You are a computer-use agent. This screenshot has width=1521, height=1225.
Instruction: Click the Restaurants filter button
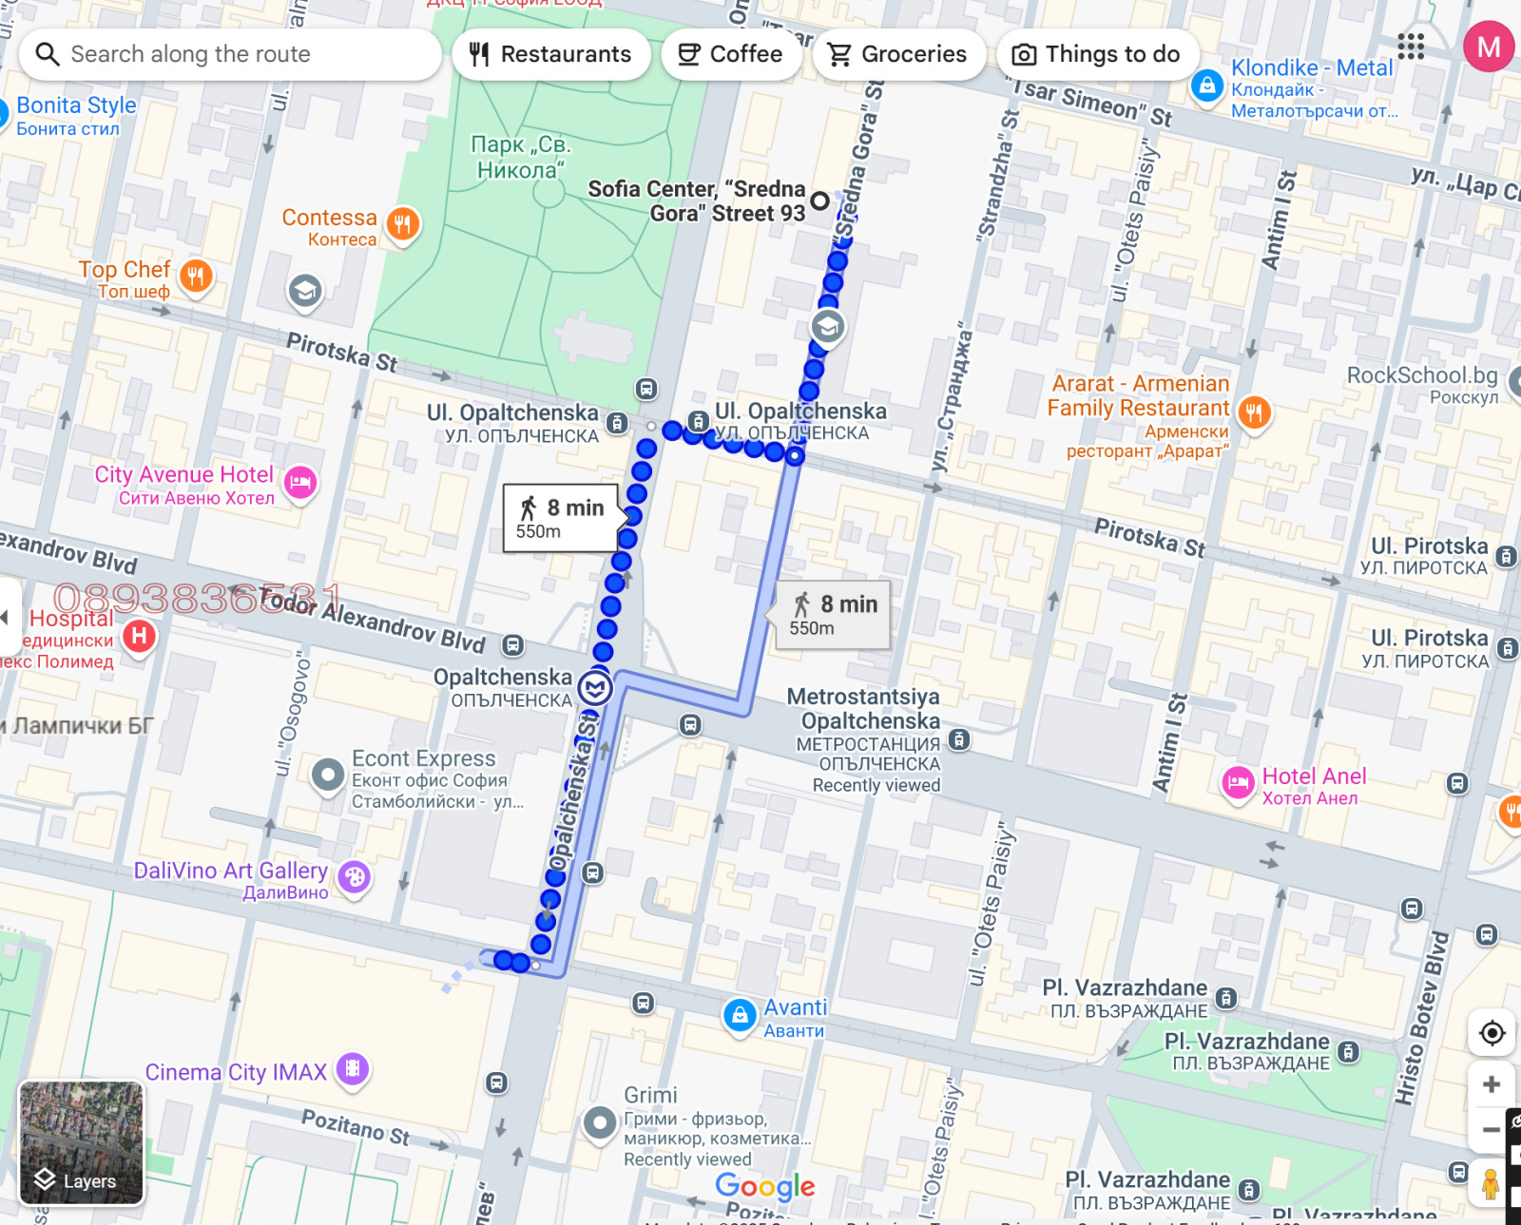click(551, 54)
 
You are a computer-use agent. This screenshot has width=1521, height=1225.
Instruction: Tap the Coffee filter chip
click(730, 54)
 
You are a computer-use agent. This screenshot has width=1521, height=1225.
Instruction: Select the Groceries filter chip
click(897, 54)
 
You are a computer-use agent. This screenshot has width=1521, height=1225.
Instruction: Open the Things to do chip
click(1096, 54)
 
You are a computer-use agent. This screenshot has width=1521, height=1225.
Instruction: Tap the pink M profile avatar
click(1488, 47)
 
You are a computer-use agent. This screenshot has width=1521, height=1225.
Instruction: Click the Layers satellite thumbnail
click(81, 1142)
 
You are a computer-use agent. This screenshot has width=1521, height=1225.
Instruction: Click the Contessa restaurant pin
click(403, 225)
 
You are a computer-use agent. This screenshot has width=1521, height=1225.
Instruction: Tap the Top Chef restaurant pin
click(197, 277)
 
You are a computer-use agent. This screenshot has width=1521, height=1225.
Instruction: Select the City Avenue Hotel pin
click(300, 483)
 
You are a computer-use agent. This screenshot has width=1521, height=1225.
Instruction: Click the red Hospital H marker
click(140, 635)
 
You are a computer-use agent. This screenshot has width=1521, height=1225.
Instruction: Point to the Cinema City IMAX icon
click(353, 1069)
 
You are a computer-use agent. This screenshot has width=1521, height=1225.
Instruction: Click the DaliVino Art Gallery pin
click(355, 876)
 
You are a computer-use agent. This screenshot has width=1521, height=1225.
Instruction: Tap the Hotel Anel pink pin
click(1238, 783)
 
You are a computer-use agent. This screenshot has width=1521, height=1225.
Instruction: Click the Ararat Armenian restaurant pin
click(1254, 412)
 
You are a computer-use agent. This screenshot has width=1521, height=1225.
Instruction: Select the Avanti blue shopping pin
click(740, 1015)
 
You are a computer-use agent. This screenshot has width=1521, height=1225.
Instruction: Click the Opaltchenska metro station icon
click(596, 687)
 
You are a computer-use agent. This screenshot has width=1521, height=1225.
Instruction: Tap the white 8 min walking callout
click(561, 518)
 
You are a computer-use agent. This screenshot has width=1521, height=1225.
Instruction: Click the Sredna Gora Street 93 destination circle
click(819, 201)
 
